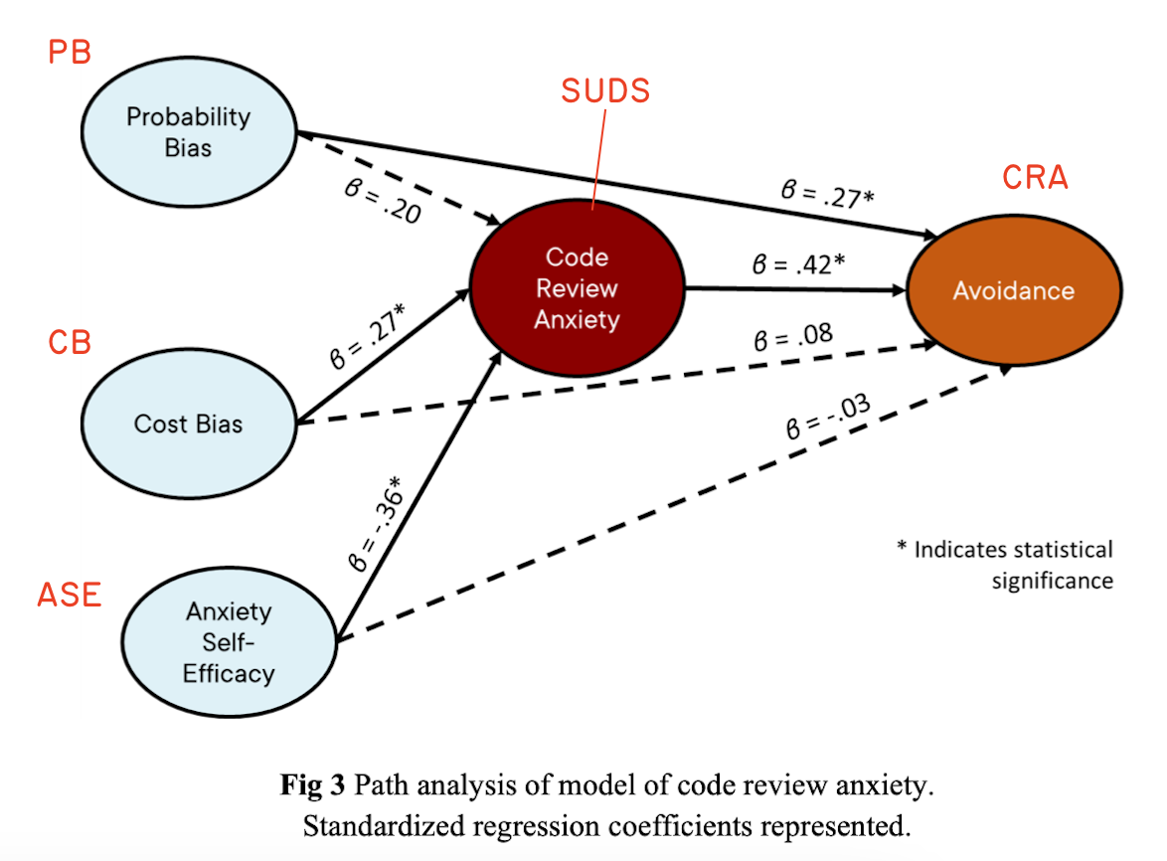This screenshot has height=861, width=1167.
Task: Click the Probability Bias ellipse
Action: [x=188, y=131]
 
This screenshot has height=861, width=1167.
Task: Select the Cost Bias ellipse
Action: [x=188, y=424]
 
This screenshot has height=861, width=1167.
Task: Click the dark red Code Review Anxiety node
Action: [x=577, y=288]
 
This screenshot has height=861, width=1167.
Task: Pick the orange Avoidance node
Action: [x=1013, y=290]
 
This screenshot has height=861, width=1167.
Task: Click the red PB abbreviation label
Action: [x=70, y=52]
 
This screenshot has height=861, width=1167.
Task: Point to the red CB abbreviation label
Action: [x=70, y=343]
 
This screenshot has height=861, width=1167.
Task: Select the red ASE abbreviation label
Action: [x=70, y=595]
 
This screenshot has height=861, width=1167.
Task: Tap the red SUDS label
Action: [x=605, y=91]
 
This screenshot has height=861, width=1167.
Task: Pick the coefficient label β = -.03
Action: [x=824, y=419]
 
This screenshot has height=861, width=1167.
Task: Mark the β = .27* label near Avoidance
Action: [x=827, y=194]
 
